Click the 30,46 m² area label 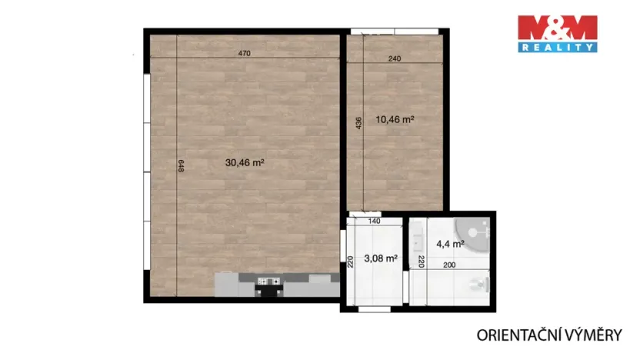point(245,162)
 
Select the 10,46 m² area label point(395,119)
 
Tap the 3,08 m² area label point(380,258)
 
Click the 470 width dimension point(244,53)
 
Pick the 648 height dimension point(180,165)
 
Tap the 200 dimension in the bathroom point(448,265)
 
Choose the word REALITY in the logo point(557,48)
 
